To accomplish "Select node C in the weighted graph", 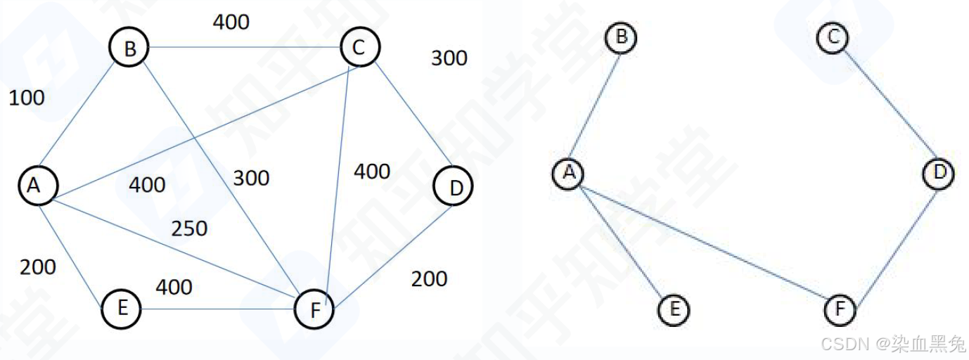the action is point(359,47).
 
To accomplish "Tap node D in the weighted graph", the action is point(454,187).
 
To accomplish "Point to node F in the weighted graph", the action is point(314,309).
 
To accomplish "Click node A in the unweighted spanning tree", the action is point(568,172).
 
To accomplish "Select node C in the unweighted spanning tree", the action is point(833,37).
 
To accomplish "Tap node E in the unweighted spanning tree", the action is point(674,309).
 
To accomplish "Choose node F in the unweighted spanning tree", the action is point(840,309).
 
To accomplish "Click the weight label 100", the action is point(27,98).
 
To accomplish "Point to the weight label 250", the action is point(189,229).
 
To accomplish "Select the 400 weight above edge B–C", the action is point(231,22).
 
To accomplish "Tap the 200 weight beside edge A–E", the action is point(37,267).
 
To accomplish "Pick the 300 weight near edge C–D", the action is point(449,58).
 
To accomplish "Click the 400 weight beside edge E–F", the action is point(174,287).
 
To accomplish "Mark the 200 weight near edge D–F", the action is point(429,279).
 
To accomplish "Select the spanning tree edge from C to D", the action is point(887,105).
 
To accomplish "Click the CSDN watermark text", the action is point(893,345).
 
